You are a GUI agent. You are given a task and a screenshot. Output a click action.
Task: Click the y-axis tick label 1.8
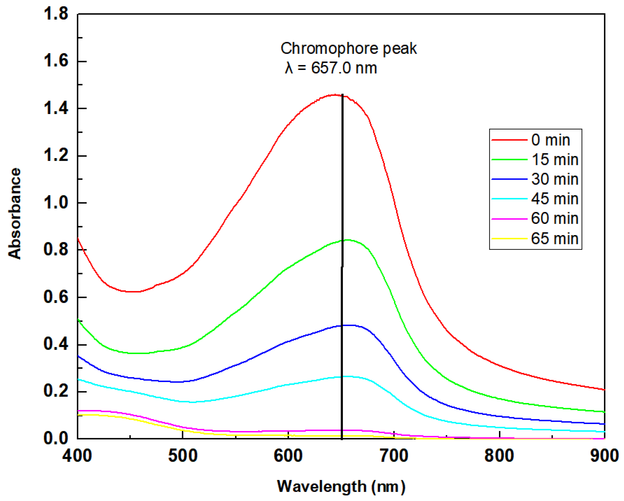point(56,14)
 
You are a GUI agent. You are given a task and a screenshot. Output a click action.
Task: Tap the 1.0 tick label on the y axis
point(56,203)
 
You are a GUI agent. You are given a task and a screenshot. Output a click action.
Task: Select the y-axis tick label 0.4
point(56,344)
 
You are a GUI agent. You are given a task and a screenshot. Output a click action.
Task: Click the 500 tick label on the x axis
point(183,456)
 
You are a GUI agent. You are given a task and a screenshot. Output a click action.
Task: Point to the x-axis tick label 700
point(394,456)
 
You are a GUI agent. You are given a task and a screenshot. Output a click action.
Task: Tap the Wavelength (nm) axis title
point(341,487)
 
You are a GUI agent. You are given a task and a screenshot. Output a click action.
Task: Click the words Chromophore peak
point(348,48)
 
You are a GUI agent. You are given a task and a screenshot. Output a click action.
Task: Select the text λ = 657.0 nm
point(331,68)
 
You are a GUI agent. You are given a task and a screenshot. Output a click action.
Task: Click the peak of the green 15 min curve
point(347,240)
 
